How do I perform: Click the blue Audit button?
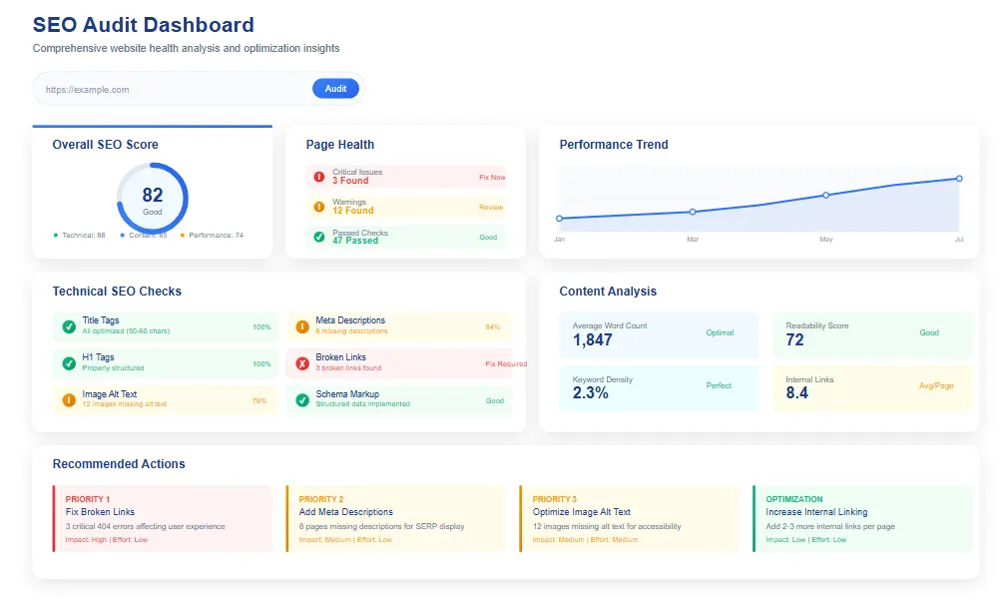click(x=335, y=89)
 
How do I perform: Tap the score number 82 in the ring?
click(x=153, y=196)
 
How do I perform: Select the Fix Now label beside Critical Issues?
click(x=492, y=177)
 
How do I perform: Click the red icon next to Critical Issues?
click(x=319, y=177)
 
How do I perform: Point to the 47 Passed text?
click(x=355, y=241)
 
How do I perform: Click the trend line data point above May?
click(x=825, y=195)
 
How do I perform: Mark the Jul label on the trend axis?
click(x=958, y=240)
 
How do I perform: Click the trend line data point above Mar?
click(x=692, y=212)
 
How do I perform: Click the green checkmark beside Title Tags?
click(x=69, y=326)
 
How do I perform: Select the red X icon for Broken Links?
click(x=302, y=363)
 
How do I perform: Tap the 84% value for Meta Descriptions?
click(x=492, y=326)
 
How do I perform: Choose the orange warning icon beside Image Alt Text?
click(x=69, y=399)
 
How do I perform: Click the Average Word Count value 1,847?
click(x=593, y=340)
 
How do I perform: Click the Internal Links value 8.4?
click(x=796, y=393)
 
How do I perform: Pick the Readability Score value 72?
click(x=794, y=340)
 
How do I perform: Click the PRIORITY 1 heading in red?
click(x=88, y=499)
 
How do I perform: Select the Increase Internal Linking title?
click(x=816, y=512)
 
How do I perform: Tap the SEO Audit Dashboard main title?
click(x=143, y=25)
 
